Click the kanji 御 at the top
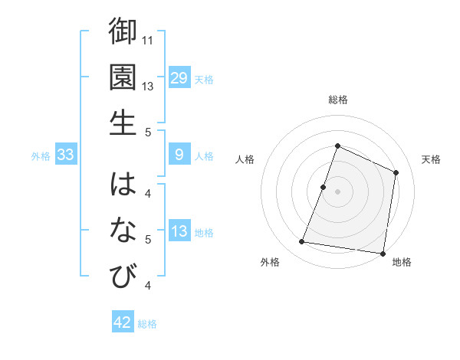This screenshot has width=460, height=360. click(x=123, y=33)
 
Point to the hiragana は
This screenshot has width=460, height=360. click(x=123, y=185)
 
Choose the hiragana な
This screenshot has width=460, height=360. click(x=123, y=229)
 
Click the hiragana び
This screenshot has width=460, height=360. click(x=123, y=275)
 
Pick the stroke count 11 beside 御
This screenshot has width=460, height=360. click(x=149, y=40)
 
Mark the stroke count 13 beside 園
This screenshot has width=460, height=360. click(x=149, y=86)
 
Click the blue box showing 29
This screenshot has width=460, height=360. click(x=179, y=77)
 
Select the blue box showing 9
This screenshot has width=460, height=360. click(x=179, y=155)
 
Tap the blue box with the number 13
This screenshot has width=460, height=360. click(x=179, y=231)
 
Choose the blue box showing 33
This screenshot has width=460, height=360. click(x=66, y=155)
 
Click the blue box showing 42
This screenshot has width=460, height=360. click(x=123, y=322)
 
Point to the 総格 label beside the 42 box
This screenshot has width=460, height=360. click(x=147, y=324)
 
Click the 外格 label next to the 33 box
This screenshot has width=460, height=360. click(x=41, y=156)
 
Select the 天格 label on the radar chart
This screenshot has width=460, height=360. click(x=431, y=159)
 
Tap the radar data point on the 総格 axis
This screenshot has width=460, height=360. click(x=337, y=146)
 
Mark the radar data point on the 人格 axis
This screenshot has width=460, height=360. click(x=324, y=187)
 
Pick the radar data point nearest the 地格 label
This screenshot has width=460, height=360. click(x=383, y=253)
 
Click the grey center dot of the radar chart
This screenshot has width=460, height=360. click(x=337, y=191)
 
